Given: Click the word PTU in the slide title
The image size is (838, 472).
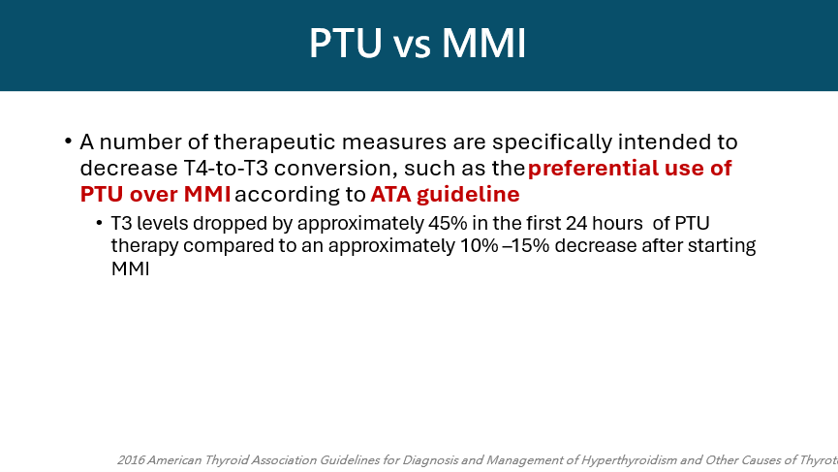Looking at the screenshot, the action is (x=346, y=43).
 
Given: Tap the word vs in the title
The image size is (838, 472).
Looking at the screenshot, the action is (x=412, y=46).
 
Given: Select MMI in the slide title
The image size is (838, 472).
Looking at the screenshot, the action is (x=484, y=43).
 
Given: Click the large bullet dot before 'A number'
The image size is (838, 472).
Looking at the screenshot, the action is (x=68, y=142).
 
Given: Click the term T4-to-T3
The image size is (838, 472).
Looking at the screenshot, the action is (x=226, y=168).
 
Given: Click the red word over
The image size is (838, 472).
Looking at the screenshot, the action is (x=154, y=194).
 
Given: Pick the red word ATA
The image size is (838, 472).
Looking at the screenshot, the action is (x=390, y=194).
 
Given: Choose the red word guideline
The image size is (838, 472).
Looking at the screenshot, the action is (x=468, y=195).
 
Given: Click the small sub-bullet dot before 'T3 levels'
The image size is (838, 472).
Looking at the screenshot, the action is (x=100, y=223).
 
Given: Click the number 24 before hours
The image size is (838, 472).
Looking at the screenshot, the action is (x=577, y=223).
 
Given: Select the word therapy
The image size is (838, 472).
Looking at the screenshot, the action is (x=144, y=246).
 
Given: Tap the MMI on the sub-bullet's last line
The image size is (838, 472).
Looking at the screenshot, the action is (x=130, y=268).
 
